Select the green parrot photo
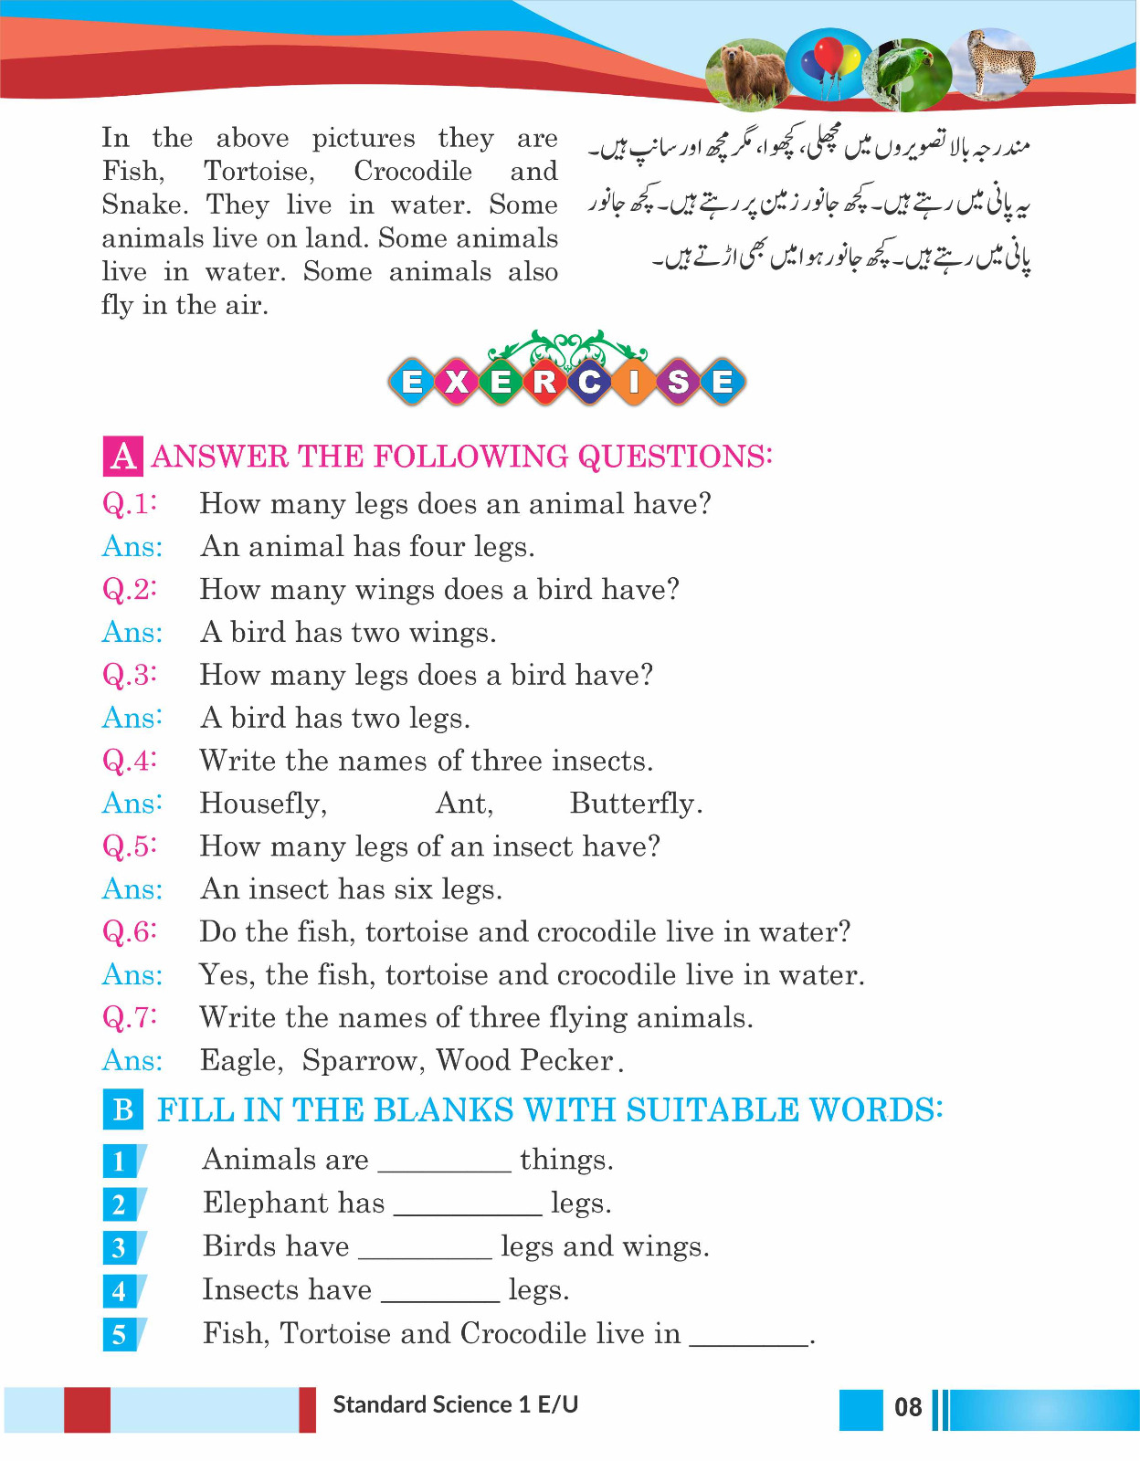point(905,73)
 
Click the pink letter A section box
point(122,456)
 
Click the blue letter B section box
point(123,1109)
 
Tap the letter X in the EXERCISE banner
point(456,381)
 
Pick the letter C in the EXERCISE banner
point(589,381)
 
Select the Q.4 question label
point(130,761)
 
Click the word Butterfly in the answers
point(635,804)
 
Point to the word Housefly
point(263,804)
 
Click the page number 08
point(908,1407)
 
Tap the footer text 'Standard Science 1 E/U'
point(456,1404)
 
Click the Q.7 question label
point(130,1017)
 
